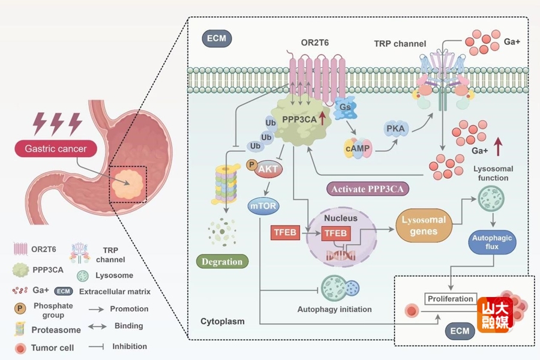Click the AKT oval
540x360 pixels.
click(x=268, y=169)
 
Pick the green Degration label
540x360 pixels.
click(x=223, y=261)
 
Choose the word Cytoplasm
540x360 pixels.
click(x=223, y=322)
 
